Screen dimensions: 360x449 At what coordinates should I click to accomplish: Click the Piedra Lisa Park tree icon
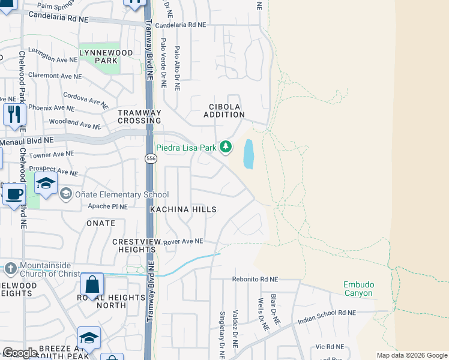pyautogui.click(x=226, y=146)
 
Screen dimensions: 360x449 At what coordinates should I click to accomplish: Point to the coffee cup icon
pyautogui.click(x=14, y=194)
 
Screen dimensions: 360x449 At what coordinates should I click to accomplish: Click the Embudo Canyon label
pyautogui.click(x=358, y=289)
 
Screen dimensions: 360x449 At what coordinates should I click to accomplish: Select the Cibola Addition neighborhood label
pyautogui.click(x=226, y=110)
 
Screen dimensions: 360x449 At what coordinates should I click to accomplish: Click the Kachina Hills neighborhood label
pyautogui.click(x=183, y=209)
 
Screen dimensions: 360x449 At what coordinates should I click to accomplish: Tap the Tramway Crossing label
pyautogui.click(x=139, y=116)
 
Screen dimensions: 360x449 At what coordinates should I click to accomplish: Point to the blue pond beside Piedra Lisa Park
pyautogui.click(x=248, y=154)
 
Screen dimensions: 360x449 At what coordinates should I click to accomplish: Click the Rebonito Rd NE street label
pyautogui.click(x=255, y=280)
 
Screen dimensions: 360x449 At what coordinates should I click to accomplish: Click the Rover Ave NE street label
pyautogui.click(x=184, y=241)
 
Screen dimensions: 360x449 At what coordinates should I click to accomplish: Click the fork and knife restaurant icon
pyautogui.click(x=14, y=114)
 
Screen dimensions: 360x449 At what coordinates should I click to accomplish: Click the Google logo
pyautogui.click(x=20, y=353)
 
